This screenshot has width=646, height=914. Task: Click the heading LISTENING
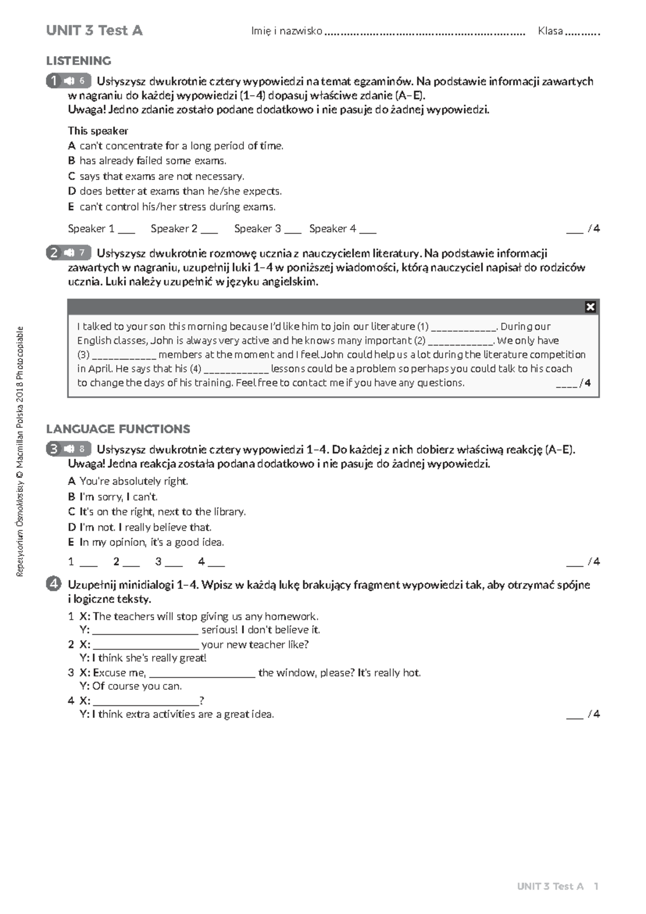click(x=79, y=61)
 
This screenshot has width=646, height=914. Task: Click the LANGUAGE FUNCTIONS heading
click(x=118, y=429)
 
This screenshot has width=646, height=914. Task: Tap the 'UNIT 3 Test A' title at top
click(x=94, y=31)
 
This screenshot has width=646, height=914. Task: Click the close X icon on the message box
click(x=590, y=307)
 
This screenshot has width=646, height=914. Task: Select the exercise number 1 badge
click(x=54, y=81)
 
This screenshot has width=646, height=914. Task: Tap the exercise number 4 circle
click(x=53, y=584)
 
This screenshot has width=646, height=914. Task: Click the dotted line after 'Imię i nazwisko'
click(x=425, y=32)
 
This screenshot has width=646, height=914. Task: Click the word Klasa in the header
click(x=550, y=31)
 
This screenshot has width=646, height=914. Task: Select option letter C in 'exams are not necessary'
click(x=71, y=176)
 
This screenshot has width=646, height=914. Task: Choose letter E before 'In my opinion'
click(x=71, y=542)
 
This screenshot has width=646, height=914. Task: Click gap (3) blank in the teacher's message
click(x=124, y=356)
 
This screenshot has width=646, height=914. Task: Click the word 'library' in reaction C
click(x=229, y=511)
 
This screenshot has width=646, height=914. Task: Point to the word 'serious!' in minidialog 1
click(x=219, y=629)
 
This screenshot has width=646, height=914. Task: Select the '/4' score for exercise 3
click(x=594, y=562)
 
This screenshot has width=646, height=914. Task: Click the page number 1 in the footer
click(x=596, y=887)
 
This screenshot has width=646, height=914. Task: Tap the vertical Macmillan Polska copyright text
click(x=20, y=452)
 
